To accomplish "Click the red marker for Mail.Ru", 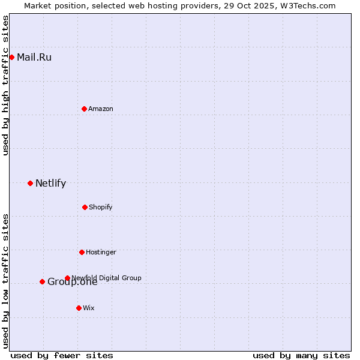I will pos(11,57).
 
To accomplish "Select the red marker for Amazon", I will pos(84,109).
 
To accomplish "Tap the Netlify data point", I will pos(30,183).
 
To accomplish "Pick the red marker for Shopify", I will pos(85,207).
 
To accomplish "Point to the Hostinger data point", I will pos(82,252).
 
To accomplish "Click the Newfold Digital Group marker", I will pos(67,278).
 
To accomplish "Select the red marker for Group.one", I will pos(42,281).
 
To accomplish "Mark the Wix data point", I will pos(79,308).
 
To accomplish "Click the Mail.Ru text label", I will pos(34,58).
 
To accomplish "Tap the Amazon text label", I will pos(101,109).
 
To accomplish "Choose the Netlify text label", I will pos(50,184).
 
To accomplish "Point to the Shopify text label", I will pos(101,207).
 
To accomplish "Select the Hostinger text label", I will pos(101,252).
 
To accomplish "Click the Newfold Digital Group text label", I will pos(107,278).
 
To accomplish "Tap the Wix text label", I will pos(89,308).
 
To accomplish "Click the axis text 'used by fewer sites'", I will pos(62,355).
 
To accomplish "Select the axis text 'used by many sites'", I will pos(301,355).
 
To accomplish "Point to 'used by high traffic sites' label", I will pos(5,85).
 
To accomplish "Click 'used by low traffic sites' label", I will pos(5,281).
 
